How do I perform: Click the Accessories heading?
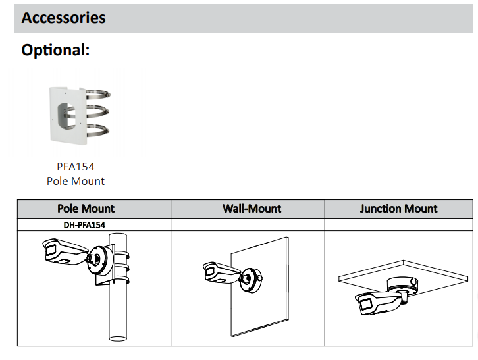(63, 17)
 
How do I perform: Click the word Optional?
(55, 50)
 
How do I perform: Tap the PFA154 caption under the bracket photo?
(76, 167)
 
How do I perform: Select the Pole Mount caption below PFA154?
(76, 180)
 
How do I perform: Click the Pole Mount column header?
(86, 209)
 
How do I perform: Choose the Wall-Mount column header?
(252, 209)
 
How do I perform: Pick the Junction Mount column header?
(399, 209)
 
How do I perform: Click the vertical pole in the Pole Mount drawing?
(118, 309)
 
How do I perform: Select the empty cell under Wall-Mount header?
(248, 224)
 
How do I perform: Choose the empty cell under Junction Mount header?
(399, 224)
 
